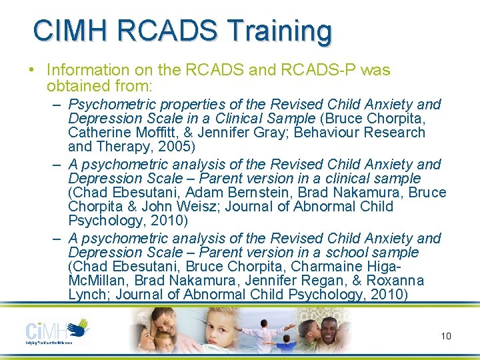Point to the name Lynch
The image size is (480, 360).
(x=88, y=295)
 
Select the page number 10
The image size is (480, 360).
(x=445, y=336)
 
